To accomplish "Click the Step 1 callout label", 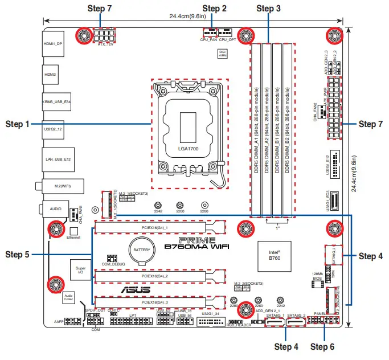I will (x=17, y=124).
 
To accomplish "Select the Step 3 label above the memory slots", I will (x=268, y=9).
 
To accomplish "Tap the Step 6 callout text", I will (x=323, y=346).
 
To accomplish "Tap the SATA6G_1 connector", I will (x=275, y=324).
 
